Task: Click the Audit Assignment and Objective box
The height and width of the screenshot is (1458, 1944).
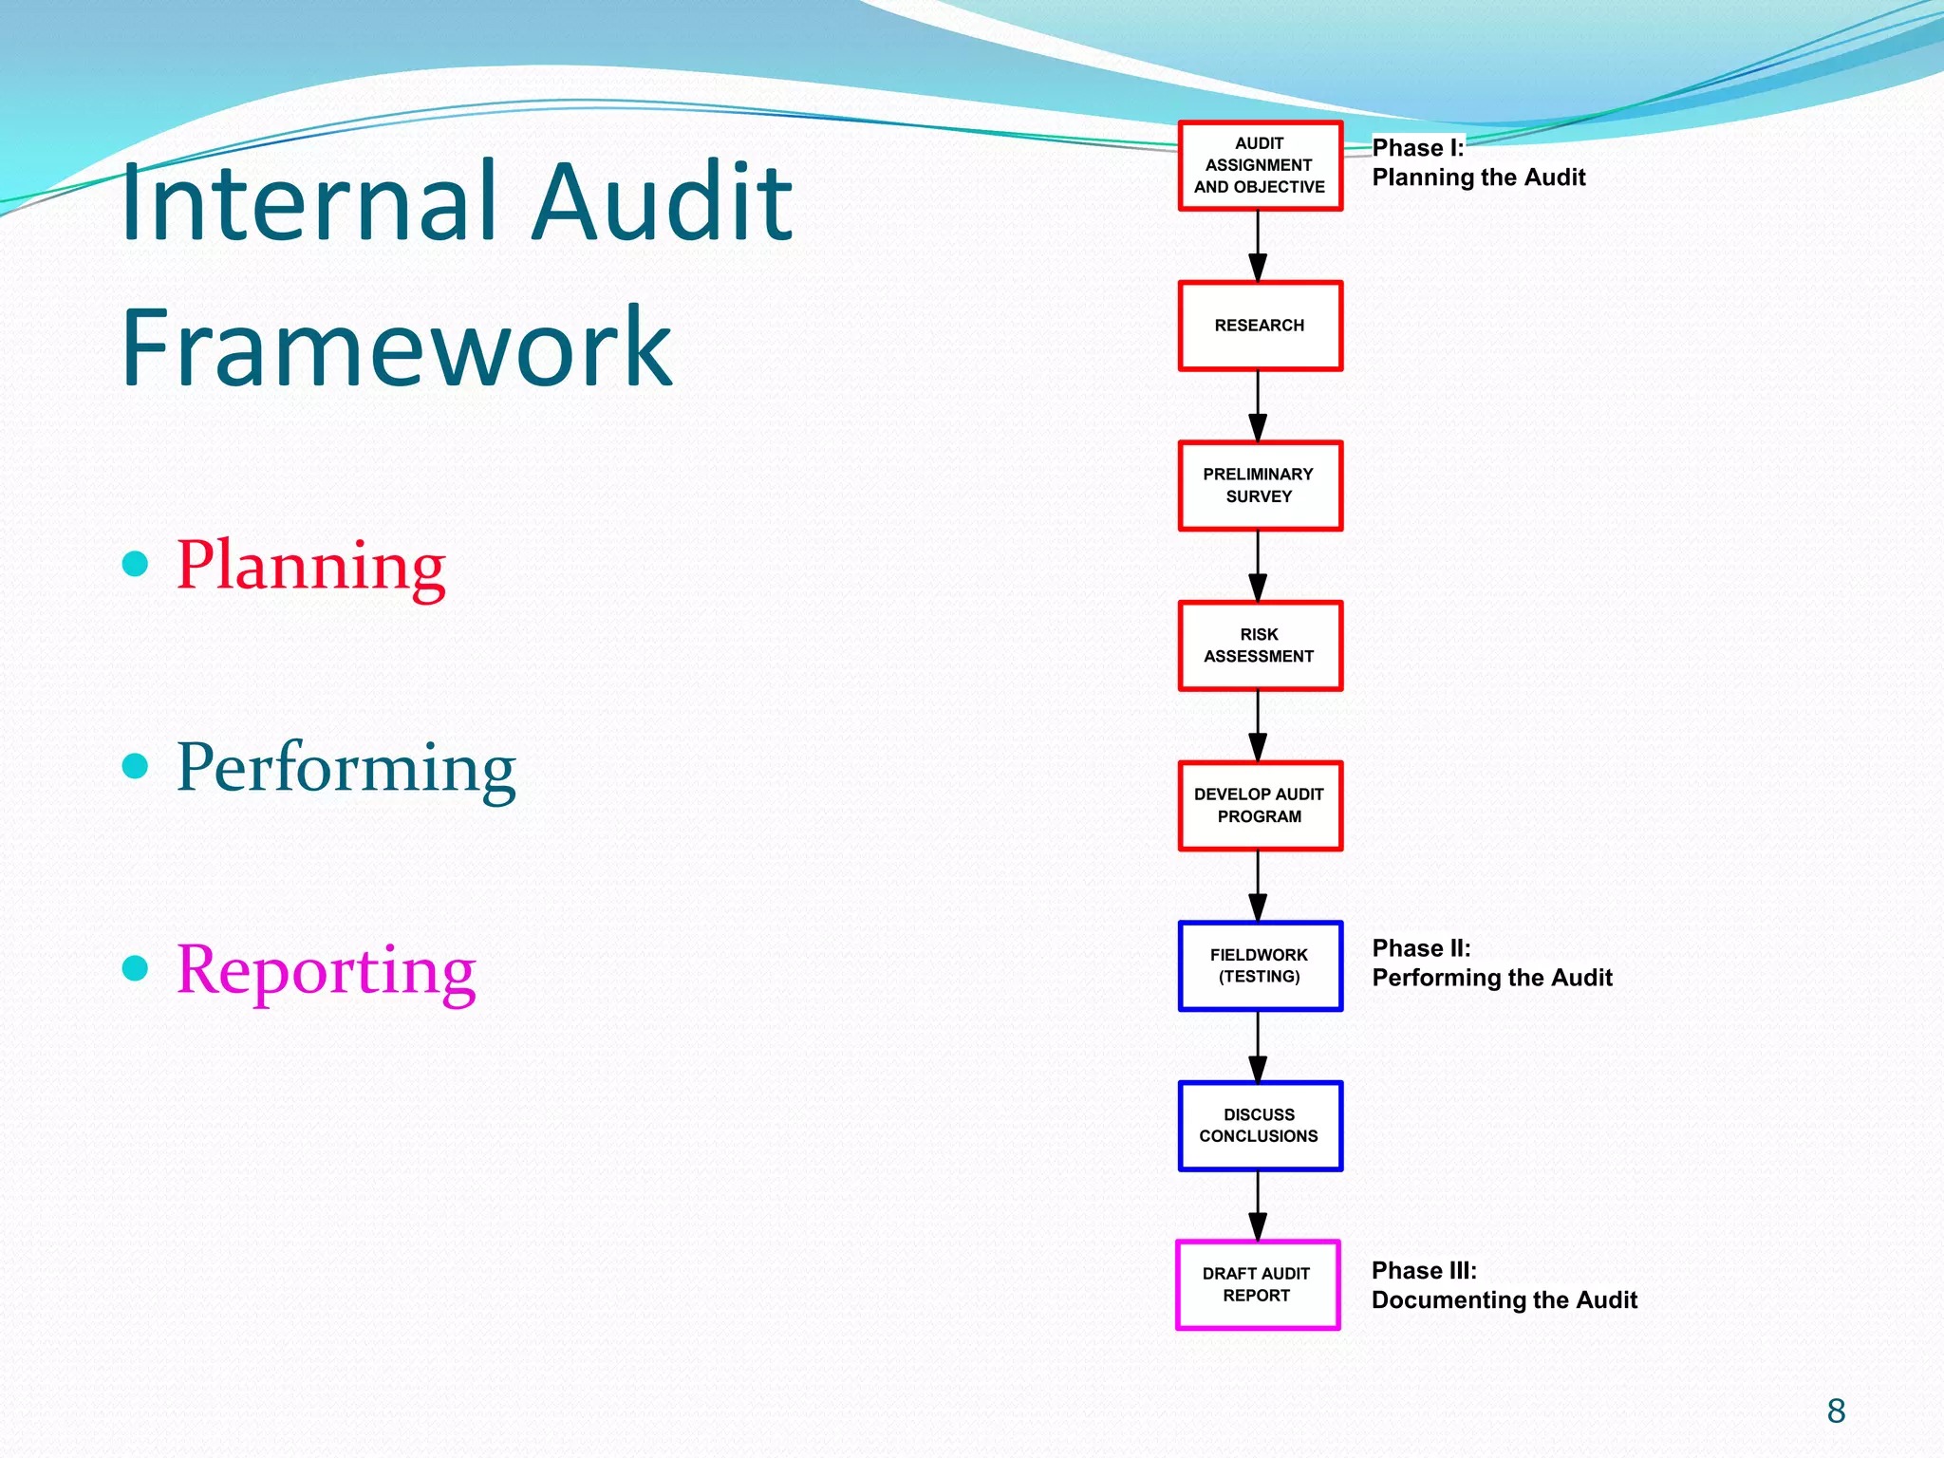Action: pos(1260,166)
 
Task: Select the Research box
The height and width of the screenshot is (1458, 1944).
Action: pos(1260,326)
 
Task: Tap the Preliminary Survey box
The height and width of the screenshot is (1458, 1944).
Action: pos(1260,485)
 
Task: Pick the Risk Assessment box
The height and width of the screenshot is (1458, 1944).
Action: pos(1260,645)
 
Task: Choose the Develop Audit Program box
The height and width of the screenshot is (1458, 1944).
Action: pos(1260,805)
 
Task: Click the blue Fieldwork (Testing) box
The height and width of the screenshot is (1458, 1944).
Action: pos(1260,965)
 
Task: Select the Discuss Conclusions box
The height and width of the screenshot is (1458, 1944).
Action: pos(1260,1126)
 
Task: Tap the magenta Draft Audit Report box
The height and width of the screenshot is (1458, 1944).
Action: pos(1257,1284)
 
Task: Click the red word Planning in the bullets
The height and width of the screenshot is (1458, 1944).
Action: pos(310,566)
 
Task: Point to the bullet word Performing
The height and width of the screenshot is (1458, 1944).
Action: pos(346,768)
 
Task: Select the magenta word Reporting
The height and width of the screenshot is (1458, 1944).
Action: pos(326,970)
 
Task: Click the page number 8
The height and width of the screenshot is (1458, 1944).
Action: pos(1836,1411)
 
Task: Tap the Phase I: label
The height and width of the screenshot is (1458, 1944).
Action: pos(1418,148)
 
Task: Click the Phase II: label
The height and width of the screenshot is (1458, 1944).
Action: pos(1421,948)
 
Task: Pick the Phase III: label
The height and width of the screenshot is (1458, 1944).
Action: pos(1424,1270)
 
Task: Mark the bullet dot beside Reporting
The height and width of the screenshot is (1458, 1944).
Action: pos(136,968)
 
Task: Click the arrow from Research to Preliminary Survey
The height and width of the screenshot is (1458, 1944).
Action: pos(1258,406)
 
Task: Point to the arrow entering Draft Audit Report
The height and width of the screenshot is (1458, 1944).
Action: pos(1258,1206)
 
